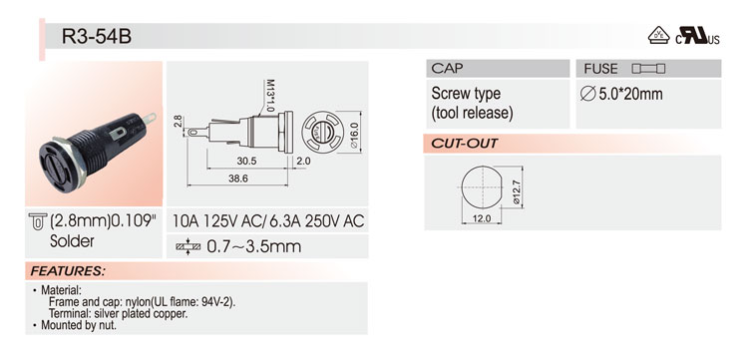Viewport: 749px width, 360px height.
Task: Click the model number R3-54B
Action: tap(97, 36)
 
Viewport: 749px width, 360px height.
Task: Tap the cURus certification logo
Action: tap(697, 36)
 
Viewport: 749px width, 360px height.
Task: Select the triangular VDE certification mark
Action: tap(658, 35)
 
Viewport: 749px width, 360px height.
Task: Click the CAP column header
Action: tap(447, 68)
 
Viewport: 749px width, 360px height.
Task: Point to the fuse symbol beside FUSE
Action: tap(648, 69)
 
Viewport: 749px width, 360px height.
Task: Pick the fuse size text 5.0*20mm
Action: tap(621, 94)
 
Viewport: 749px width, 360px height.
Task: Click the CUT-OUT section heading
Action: tap(465, 144)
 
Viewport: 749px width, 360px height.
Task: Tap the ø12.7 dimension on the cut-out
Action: tap(517, 191)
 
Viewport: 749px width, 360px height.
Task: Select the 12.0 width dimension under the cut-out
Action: tap(482, 218)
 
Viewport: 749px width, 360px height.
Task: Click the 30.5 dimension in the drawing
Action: tap(246, 162)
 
